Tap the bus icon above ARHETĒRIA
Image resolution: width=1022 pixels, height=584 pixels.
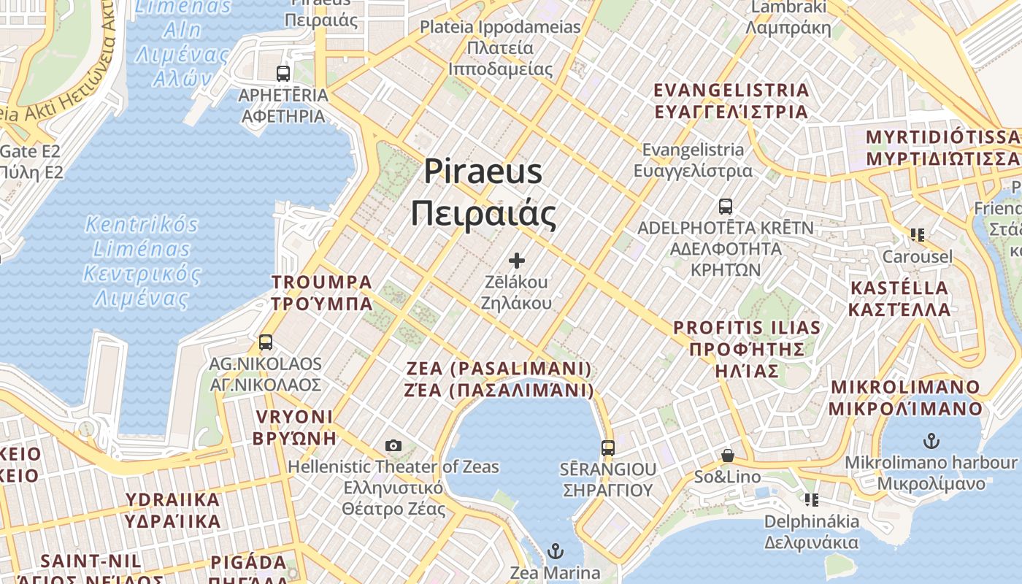click(x=283, y=73)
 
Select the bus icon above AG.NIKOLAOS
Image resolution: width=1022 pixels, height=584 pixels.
click(x=266, y=342)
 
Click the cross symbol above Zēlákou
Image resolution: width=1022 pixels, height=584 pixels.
click(x=517, y=260)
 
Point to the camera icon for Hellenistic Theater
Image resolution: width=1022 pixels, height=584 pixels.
click(x=393, y=445)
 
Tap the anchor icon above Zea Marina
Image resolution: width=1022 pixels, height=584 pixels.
click(x=556, y=550)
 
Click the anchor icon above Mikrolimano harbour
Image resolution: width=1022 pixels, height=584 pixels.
click(x=931, y=440)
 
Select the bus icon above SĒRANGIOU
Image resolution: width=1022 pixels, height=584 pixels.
click(x=608, y=447)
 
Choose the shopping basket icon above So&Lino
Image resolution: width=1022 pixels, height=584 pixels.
click(x=727, y=456)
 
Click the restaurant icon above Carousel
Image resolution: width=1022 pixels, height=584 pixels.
click(x=918, y=235)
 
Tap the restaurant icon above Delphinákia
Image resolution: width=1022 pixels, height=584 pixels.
click(x=811, y=500)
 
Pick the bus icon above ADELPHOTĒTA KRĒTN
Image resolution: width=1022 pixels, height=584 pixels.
click(x=725, y=207)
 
